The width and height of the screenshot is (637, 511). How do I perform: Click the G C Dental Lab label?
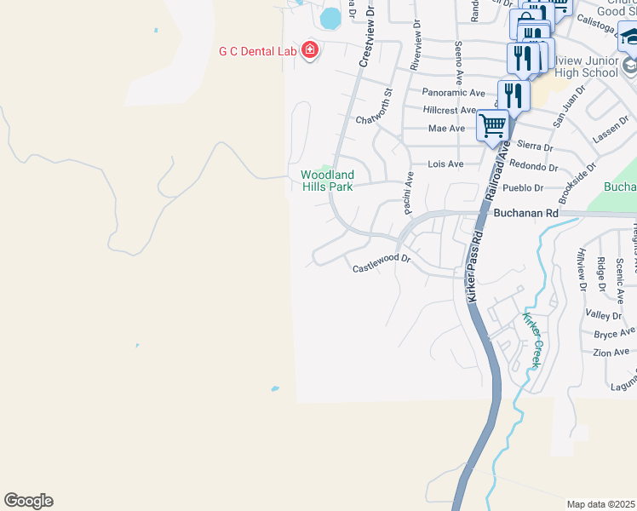click(x=257, y=51)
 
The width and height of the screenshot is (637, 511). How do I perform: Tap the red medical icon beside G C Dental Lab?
click(x=309, y=50)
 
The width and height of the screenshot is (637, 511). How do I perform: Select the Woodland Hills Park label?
click(x=326, y=181)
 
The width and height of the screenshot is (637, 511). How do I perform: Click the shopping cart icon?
click(x=493, y=126)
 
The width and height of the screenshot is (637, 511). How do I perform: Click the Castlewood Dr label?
click(x=382, y=267)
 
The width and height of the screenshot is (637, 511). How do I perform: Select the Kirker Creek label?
click(x=532, y=340)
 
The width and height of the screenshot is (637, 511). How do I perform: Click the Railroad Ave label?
click(x=498, y=170)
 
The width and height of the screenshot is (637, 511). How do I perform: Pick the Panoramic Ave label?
click(x=453, y=93)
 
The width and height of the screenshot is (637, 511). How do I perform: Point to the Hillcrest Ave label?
click(x=450, y=111)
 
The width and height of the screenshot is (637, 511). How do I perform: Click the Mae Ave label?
click(x=447, y=129)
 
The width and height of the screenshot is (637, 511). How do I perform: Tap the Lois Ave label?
click(x=445, y=164)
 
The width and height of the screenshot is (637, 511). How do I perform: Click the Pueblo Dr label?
click(x=525, y=187)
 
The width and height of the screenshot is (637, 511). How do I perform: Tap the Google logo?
click(x=28, y=501)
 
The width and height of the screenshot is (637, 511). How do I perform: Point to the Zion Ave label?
click(x=612, y=352)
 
